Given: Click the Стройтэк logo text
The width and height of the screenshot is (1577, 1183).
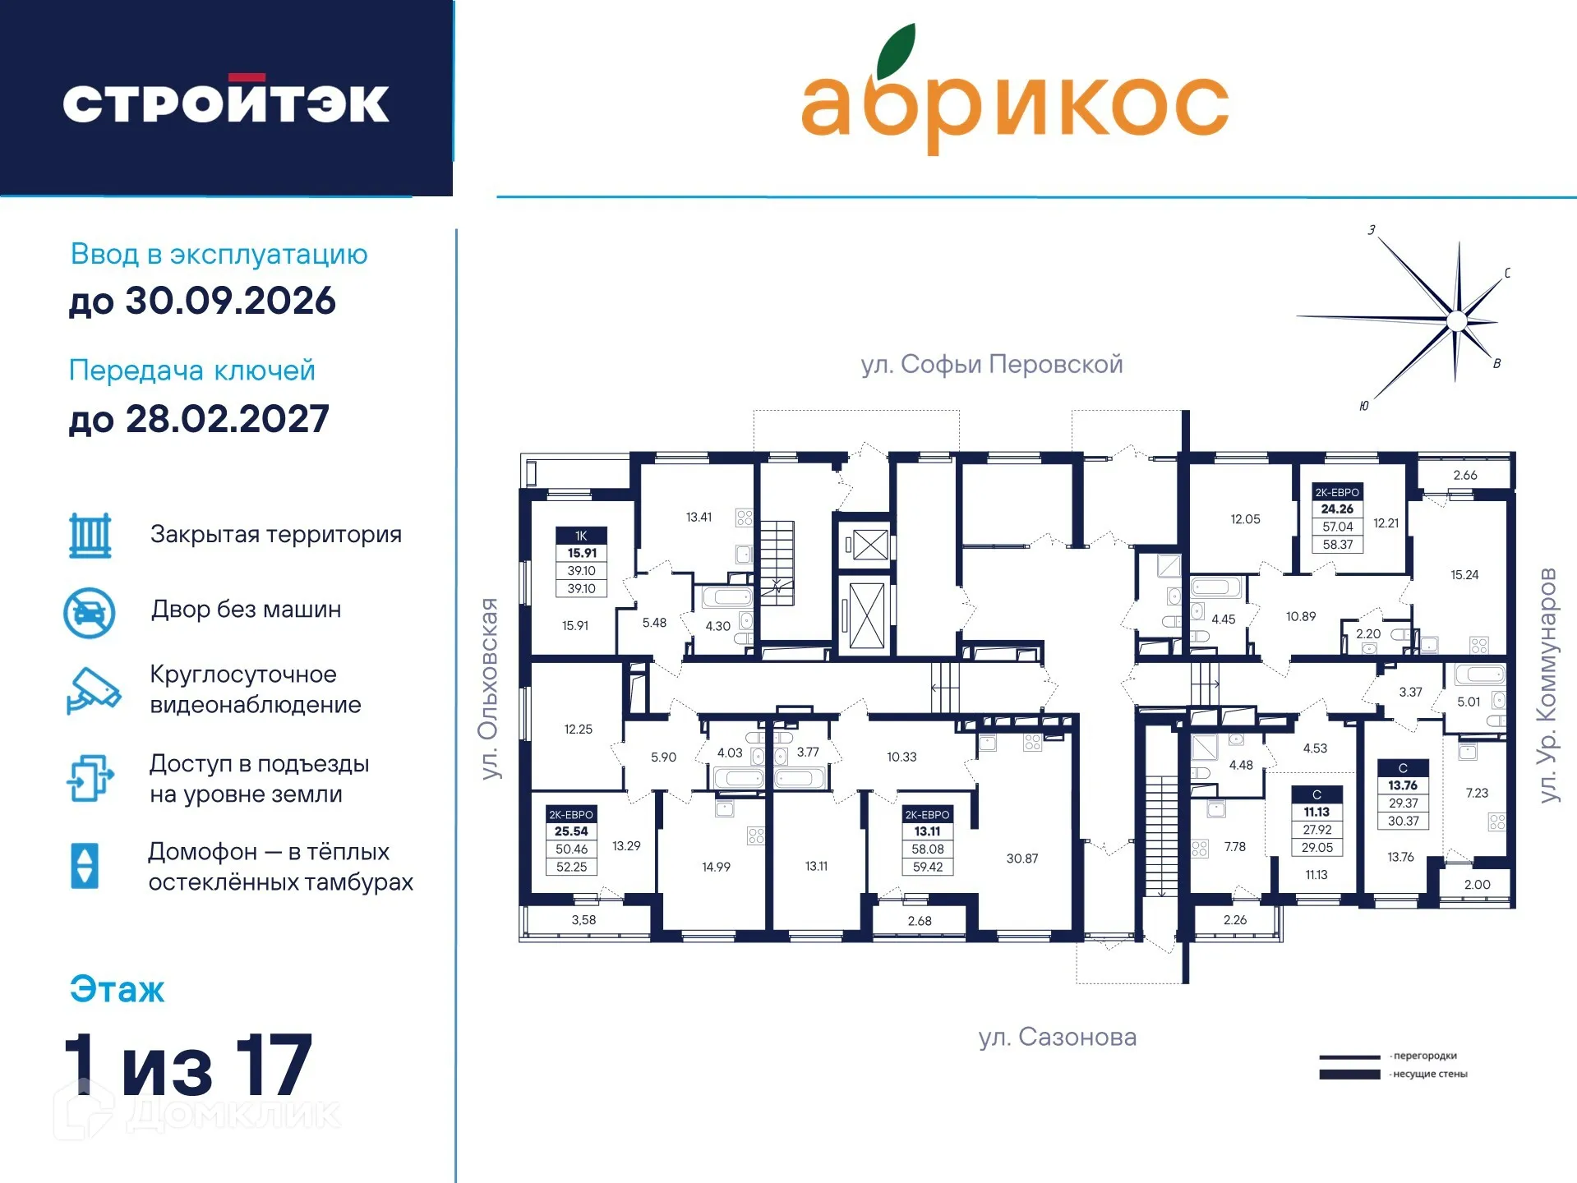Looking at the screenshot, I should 226,104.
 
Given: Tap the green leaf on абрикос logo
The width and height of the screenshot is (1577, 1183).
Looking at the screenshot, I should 895,51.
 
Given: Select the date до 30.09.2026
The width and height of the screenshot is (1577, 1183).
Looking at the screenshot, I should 202,302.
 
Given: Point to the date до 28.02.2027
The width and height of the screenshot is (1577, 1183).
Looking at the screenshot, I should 199,420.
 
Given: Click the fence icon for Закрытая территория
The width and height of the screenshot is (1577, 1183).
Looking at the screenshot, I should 90,536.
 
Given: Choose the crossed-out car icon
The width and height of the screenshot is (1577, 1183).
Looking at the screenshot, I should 90,613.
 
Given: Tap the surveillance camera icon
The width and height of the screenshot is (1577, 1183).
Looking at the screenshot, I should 93,690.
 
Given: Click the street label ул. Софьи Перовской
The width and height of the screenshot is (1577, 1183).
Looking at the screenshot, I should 991,364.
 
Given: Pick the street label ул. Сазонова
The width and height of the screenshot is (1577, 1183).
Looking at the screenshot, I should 1057,1037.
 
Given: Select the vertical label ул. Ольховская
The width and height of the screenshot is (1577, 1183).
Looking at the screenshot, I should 489,688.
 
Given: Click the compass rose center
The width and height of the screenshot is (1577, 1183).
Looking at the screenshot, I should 1456,320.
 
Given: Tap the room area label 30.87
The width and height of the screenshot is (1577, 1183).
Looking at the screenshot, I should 1021,858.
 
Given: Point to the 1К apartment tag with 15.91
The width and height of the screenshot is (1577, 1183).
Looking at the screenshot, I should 581,562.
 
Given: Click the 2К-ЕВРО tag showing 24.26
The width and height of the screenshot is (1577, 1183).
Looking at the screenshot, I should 1337,518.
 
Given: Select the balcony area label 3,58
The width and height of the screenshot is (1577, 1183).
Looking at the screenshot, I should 583,920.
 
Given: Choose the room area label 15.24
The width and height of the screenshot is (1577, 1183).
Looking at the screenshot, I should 1464,575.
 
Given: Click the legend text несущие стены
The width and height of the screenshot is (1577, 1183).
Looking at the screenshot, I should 1429,1074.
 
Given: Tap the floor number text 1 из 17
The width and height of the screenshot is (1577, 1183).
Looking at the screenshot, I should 189,1066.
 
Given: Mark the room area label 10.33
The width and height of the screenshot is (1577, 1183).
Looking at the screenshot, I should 901,757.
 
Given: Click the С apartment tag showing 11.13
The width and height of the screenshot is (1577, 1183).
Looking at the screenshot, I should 1316,821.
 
